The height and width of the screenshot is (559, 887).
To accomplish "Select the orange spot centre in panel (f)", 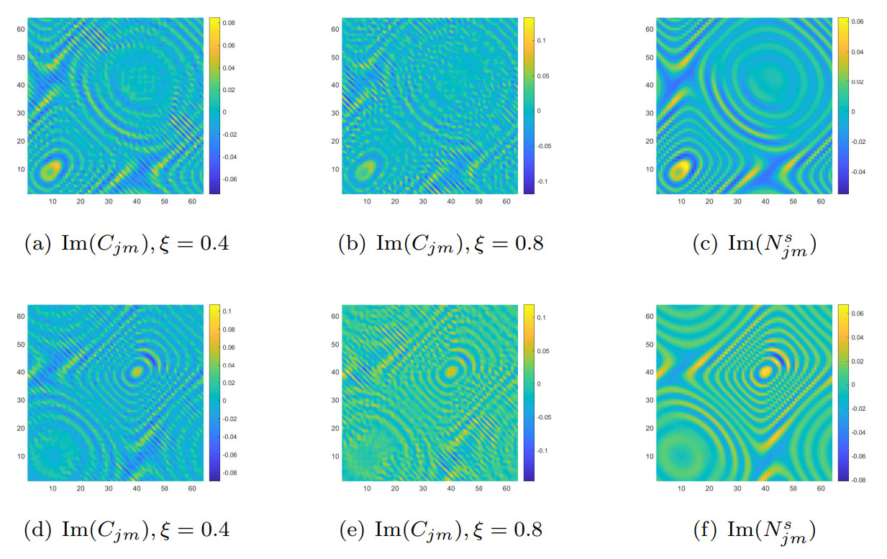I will click(x=765, y=371).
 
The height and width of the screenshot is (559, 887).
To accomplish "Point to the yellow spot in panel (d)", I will click(x=136, y=373).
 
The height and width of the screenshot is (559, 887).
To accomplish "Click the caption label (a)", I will click(x=35, y=244).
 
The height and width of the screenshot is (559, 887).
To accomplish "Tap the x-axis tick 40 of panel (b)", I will click(x=451, y=202).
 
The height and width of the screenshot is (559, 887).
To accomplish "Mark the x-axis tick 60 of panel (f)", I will click(x=821, y=489).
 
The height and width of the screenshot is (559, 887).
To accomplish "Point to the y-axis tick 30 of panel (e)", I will click(x=334, y=400).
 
